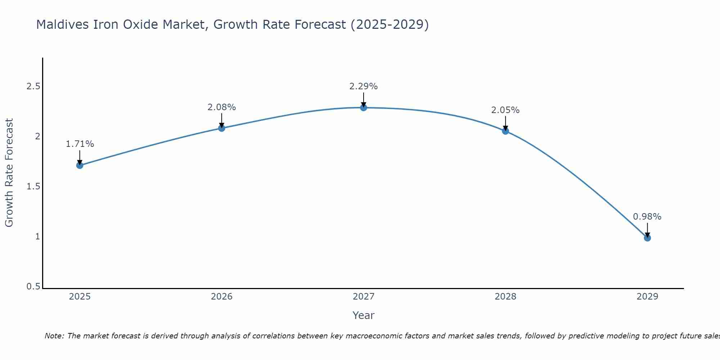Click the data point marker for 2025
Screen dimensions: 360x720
point(80,166)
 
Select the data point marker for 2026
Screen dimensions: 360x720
point(222,128)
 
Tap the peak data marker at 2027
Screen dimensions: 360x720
point(364,107)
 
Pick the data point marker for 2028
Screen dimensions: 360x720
point(505,131)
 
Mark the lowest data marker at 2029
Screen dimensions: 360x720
point(647,238)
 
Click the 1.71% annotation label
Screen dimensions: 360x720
point(80,144)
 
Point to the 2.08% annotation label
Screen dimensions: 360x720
point(222,107)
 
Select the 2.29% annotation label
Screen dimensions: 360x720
point(364,86)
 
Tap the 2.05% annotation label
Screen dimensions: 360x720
point(505,110)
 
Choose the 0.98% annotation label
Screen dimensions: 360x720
point(647,217)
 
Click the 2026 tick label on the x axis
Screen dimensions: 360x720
point(222,297)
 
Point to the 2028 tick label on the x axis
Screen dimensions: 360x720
point(505,297)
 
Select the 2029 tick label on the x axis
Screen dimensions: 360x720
point(647,297)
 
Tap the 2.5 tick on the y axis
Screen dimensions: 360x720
point(33,86)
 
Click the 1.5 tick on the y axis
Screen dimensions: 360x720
point(33,186)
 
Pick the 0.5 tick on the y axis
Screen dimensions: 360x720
point(33,287)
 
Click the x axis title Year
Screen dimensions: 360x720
point(364,315)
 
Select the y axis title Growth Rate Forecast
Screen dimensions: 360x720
point(9,172)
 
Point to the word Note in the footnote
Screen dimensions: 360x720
point(54,336)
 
